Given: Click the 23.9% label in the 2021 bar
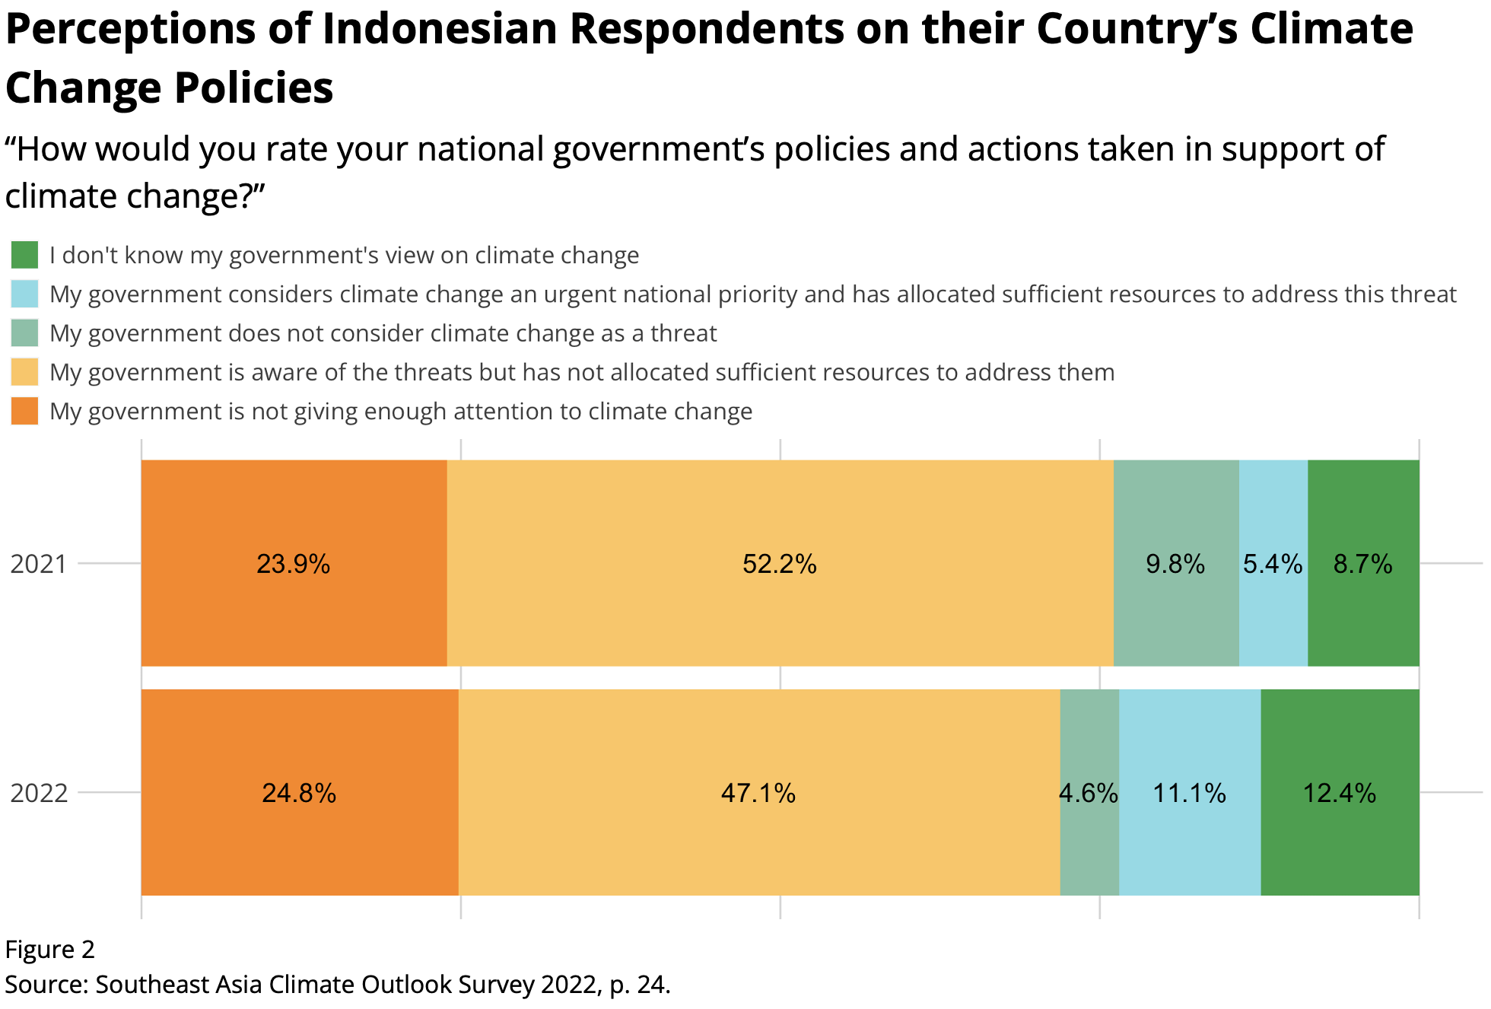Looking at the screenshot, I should (293, 564).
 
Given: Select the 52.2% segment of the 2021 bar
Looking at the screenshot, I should (780, 564).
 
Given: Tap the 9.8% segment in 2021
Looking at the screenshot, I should (1175, 564).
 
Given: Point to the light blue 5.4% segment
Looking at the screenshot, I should (1273, 564).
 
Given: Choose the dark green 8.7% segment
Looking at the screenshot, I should (1362, 564).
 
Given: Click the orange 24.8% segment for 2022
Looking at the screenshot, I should (299, 793).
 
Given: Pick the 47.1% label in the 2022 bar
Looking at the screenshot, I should (758, 794).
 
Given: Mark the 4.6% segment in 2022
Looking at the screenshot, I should (1089, 794).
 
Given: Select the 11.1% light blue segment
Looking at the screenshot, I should (1189, 794).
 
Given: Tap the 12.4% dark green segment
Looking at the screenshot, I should (1340, 794).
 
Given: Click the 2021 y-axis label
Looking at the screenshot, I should (39, 564).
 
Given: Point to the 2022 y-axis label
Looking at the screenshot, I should (39, 794).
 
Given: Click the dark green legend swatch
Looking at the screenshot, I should (24, 255).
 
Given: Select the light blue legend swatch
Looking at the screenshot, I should (24, 294).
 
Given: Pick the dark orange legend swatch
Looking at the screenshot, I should (24, 411).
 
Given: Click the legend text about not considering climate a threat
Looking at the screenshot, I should (383, 333).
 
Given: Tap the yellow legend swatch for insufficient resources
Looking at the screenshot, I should (24, 372).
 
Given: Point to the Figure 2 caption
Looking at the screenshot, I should (49, 950).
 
